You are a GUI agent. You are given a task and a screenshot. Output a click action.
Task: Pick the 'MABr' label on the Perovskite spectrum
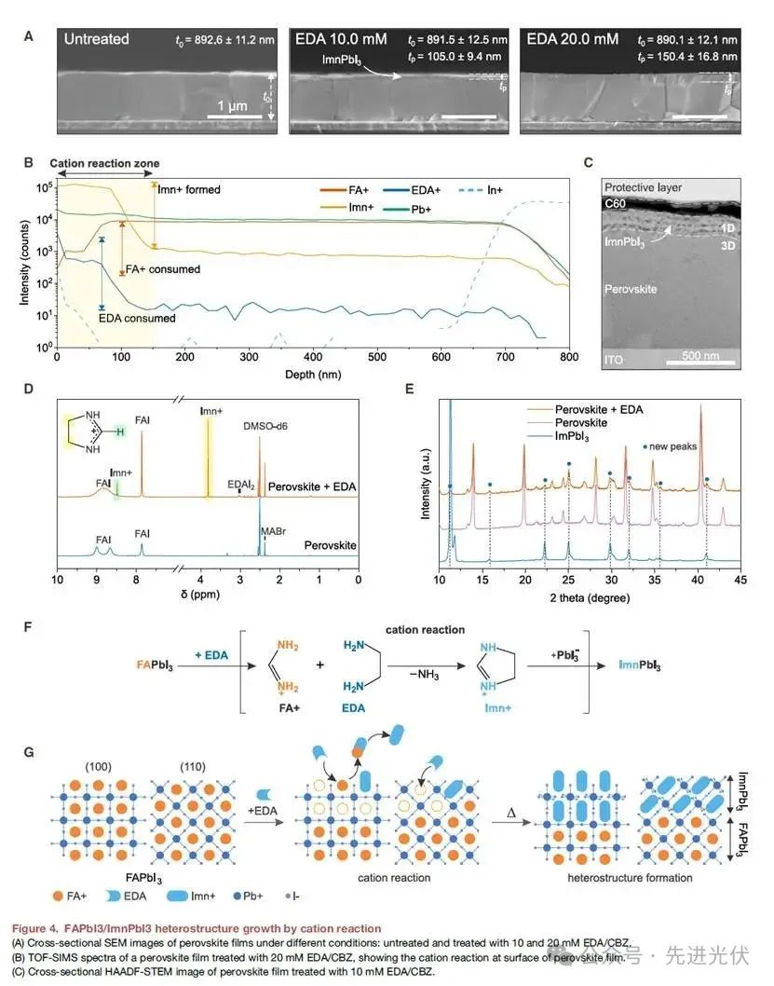274,531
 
